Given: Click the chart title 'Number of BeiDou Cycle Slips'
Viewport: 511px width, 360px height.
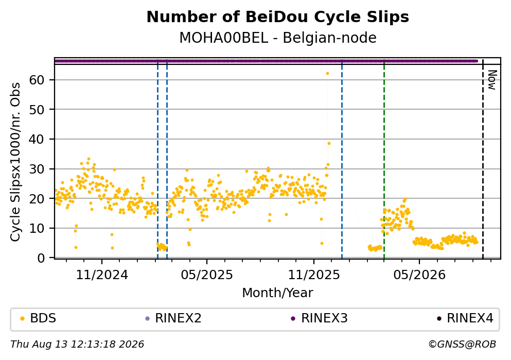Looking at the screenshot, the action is click(278, 17).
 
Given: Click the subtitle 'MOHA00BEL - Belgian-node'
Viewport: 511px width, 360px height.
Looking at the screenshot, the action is click(278, 38).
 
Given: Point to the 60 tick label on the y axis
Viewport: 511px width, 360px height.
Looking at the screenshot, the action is click(37, 80).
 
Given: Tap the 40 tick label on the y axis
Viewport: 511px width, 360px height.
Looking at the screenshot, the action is click(37, 139).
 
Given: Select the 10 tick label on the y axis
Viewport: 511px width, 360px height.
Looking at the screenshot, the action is click(37, 228).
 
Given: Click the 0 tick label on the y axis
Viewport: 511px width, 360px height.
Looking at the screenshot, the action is click(41, 258).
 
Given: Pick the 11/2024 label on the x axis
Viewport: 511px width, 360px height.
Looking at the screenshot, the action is click(102, 275).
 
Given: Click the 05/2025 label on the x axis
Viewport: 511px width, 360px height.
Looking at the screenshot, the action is click(207, 275).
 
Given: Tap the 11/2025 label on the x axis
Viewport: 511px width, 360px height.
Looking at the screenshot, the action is click(314, 275).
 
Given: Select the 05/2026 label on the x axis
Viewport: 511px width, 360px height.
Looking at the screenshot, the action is click(419, 275).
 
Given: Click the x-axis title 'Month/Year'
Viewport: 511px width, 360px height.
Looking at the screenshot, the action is click(277, 293).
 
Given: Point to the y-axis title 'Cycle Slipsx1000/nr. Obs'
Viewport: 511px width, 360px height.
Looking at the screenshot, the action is click(15, 162).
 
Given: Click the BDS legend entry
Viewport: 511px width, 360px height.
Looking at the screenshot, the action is click(39, 318).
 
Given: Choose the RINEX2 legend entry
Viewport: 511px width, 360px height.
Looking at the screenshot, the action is click(174, 318).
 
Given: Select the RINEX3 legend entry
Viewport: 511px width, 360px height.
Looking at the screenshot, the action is click(320, 318).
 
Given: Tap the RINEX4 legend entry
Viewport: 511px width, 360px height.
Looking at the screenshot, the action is click(465, 318).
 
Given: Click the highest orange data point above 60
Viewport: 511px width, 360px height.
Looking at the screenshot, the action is click(327, 73).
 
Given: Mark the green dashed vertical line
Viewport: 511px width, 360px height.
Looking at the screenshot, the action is click(384, 160).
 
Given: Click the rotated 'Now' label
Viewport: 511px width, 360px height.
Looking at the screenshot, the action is click(492, 80).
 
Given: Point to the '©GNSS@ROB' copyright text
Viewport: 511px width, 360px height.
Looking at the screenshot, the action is click(462, 345).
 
